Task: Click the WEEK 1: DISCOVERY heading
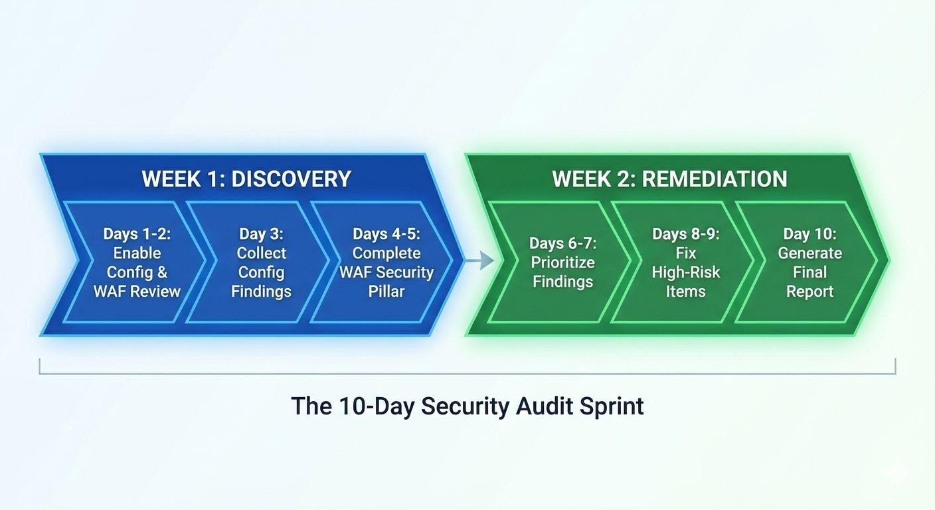pos(246,179)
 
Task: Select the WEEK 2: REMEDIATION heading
pos(669,179)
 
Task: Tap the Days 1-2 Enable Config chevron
pos(137,262)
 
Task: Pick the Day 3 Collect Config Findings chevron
pos(261,262)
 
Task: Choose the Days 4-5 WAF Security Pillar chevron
pos(386,262)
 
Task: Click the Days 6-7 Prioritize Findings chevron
pos(562,262)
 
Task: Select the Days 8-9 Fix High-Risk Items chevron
pos(685,262)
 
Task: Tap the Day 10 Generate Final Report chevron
pos(809,262)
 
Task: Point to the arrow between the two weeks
pos(479,261)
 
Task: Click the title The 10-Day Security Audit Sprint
pos(467,406)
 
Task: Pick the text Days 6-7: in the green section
pos(562,244)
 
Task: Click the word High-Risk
pos(685,272)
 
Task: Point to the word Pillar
pos(386,291)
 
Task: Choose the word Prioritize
pos(562,262)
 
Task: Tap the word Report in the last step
pos(809,291)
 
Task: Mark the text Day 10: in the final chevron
pos(809,234)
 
